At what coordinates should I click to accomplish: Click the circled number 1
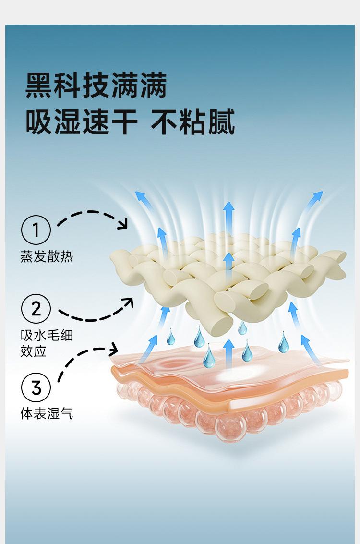pyautogui.click(x=36, y=230)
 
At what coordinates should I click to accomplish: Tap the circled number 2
pyautogui.click(x=36, y=308)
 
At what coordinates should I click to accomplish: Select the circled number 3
pyautogui.click(x=36, y=387)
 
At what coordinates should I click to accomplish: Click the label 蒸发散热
pyautogui.click(x=47, y=257)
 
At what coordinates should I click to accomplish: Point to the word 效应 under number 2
pyautogui.click(x=33, y=351)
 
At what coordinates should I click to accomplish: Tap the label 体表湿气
pyautogui.click(x=47, y=413)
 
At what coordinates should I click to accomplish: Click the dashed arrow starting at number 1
pyautogui.click(x=93, y=212)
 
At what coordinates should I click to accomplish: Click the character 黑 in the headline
pyautogui.click(x=39, y=85)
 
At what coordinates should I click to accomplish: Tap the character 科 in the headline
pyautogui.click(x=68, y=85)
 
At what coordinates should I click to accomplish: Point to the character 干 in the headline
pyautogui.click(x=124, y=121)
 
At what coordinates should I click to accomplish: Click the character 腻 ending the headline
pyautogui.click(x=221, y=121)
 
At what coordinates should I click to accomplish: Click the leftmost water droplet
pyautogui.click(x=170, y=337)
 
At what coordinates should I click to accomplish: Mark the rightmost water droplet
pyautogui.click(x=283, y=342)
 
